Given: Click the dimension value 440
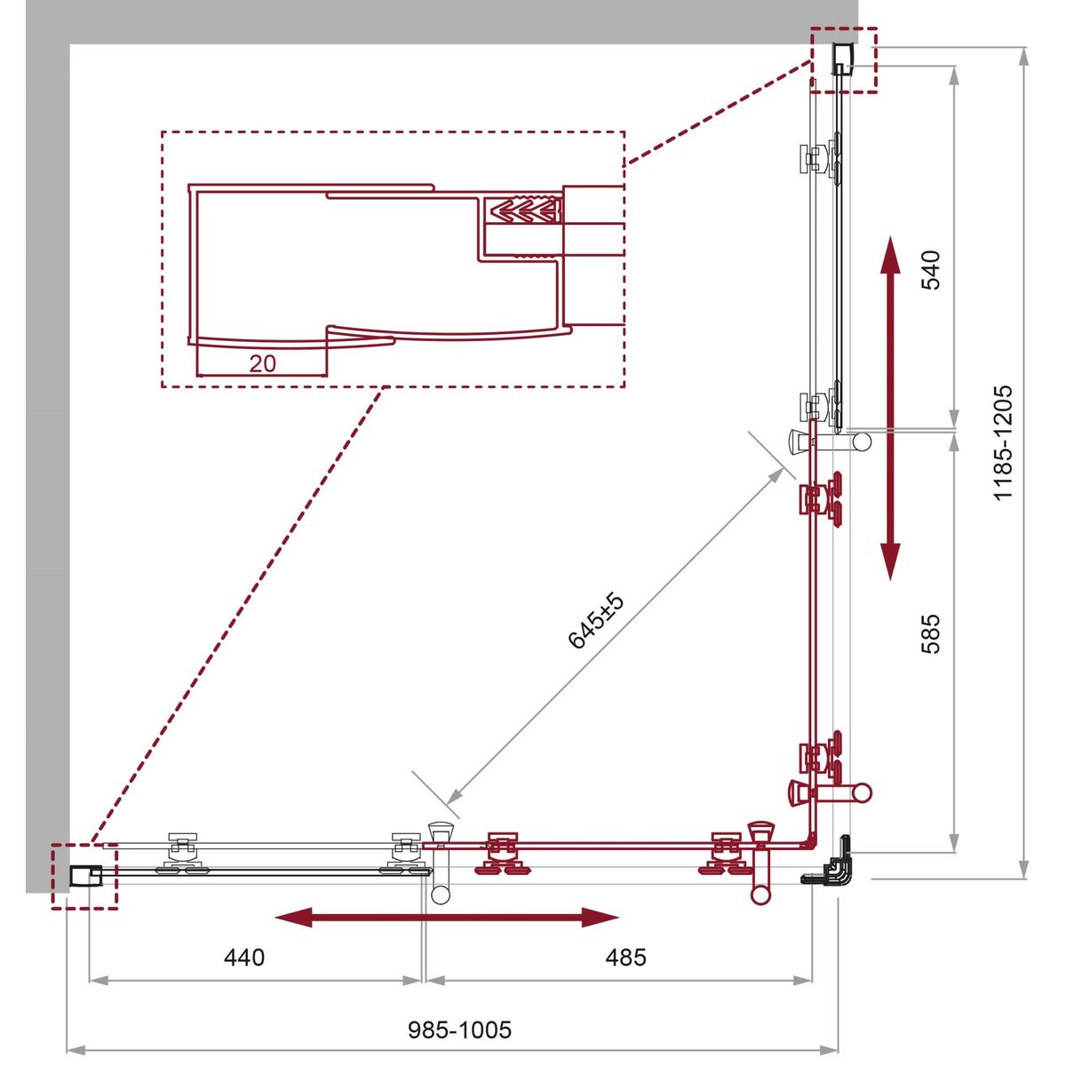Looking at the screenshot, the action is (244, 958).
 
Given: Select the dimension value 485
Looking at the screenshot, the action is (625, 958).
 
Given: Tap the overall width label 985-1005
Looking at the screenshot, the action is (459, 1030).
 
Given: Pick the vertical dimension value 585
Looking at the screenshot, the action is (931, 634).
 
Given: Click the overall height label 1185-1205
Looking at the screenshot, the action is (1002, 443).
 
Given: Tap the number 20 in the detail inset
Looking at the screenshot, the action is (262, 363).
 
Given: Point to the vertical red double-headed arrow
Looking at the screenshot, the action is (890, 409).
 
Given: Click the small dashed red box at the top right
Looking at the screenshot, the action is (844, 60).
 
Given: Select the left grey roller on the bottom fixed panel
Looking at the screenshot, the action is (183, 853).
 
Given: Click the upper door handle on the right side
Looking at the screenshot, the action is (830, 441).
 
